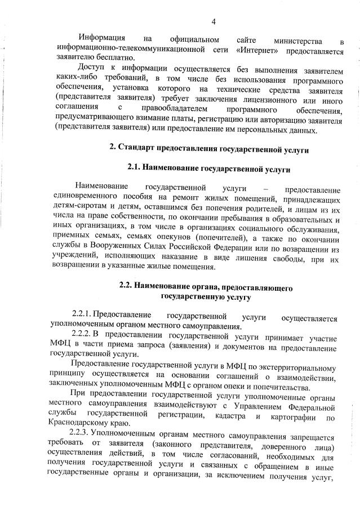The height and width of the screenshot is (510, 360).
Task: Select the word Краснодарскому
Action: click(82, 428)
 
